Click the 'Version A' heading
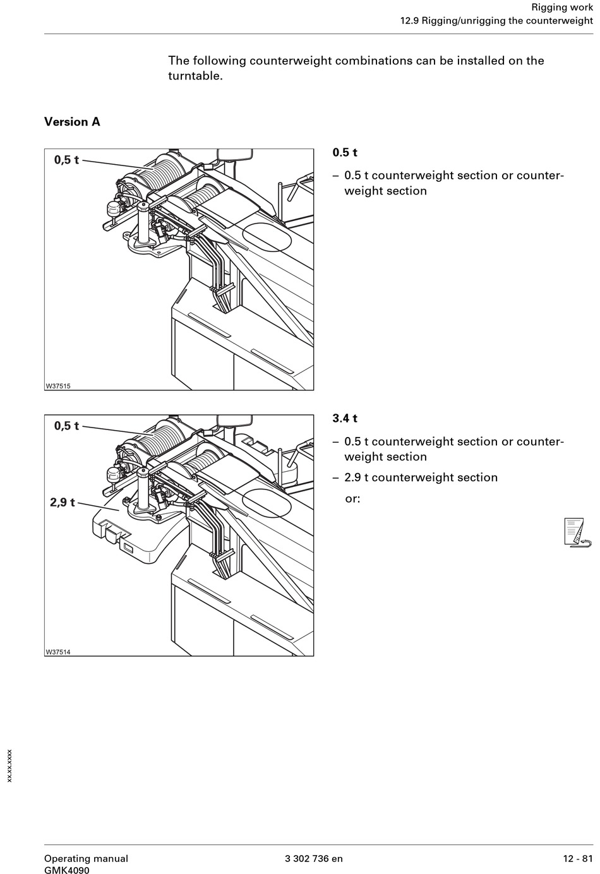(x=72, y=122)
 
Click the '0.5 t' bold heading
(x=345, y=152)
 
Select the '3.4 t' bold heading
(x=345, y=418)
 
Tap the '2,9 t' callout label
(x=63, y=503)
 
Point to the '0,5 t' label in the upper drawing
(x=66, y=160)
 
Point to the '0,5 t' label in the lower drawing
(x=66, y=426)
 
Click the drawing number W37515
(x=58, y=386)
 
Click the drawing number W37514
(x=58, y=652)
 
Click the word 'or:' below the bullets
(x=352, y=498)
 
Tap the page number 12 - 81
(x=578, y=858)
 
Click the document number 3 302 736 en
(x=314, y=858)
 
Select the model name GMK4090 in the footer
(x=67, y=870)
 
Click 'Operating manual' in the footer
(x=86, y=858)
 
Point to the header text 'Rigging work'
(x=562, y=8)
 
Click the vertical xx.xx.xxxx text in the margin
(x=9, y=765)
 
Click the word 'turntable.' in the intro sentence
(x=195, y=76)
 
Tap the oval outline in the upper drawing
(x=267, y=237)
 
